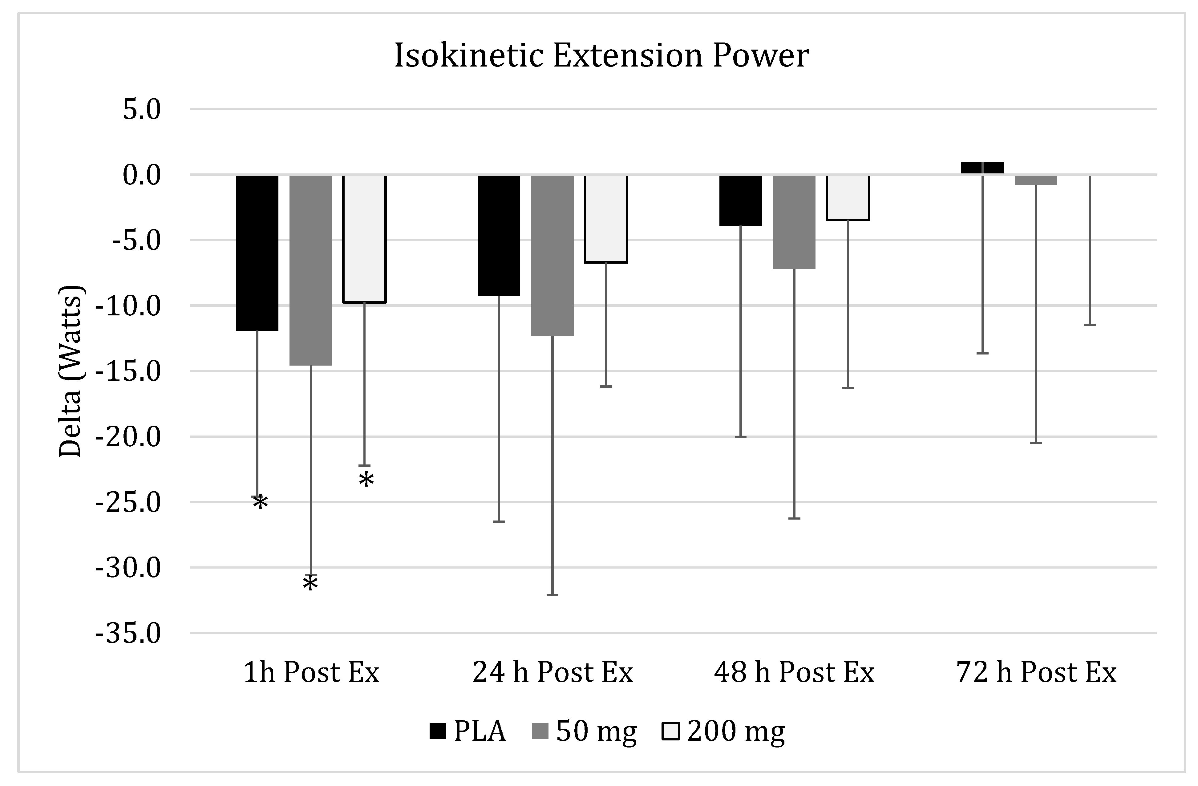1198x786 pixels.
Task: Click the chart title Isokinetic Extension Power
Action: [601, 55]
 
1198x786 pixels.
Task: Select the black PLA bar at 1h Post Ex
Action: [257, 253]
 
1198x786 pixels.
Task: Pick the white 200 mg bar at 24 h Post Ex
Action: [605, 219]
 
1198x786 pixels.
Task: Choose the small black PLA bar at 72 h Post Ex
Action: [982, 168]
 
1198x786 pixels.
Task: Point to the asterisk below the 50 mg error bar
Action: [310, 585]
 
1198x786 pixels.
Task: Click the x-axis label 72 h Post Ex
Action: [1036, 672]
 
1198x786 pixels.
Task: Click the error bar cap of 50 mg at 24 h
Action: [552, 595]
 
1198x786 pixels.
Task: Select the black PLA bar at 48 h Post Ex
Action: [740, 201]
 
